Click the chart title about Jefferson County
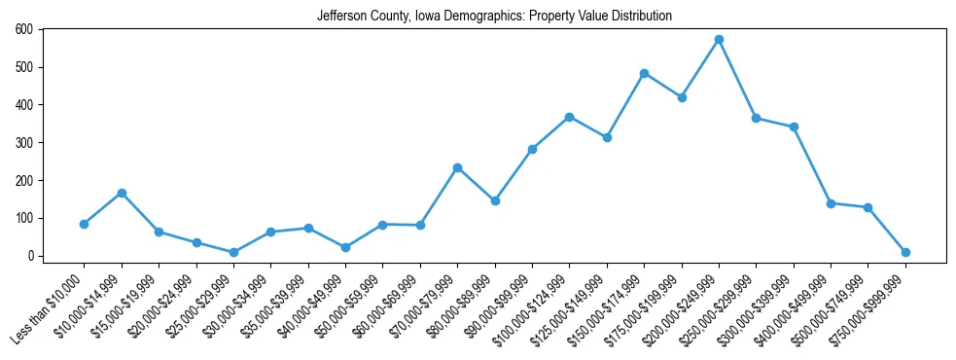(x=494, y=17)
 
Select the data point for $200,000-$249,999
(x=719, y=40)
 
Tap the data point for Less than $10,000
(x=85, y=224)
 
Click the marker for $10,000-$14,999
(x=122, y=193)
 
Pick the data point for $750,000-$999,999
(x=905, y=252)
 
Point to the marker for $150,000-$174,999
(x=644, y=73)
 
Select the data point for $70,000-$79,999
(x=457, y=167)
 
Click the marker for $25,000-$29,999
(x=233, y=252)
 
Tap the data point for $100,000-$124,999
(x=569, y=117)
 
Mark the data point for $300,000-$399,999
(x=794, y=127)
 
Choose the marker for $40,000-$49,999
(x=345, y=247)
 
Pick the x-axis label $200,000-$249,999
(x=682, y=308)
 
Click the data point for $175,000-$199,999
(x=682, y=97)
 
